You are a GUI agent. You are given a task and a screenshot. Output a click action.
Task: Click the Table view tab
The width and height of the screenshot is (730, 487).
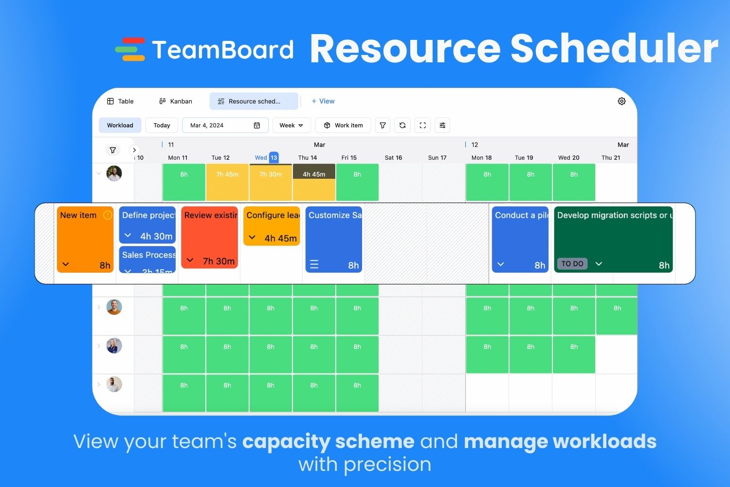pos(120,101)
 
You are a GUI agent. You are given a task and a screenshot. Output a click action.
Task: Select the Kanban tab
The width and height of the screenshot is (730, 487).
pos(176,101)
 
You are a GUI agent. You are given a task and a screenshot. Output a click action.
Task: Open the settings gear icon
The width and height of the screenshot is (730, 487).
pos(621,101)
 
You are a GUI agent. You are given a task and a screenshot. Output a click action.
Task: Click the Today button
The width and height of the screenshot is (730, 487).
pos(162,125)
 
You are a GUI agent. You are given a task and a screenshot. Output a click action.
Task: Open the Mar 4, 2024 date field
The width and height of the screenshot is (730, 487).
pos(225,125)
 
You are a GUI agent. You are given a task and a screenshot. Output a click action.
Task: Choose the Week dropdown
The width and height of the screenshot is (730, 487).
pos(291,125)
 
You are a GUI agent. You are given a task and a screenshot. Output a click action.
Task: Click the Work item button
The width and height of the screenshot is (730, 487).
pos(343,125)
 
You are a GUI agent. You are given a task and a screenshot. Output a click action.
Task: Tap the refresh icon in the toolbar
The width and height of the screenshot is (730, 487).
pos(402,125)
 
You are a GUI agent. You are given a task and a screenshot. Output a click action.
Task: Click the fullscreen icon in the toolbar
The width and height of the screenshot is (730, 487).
pos(422,125)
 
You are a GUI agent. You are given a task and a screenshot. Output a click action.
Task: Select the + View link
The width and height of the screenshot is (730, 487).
pos(323,101)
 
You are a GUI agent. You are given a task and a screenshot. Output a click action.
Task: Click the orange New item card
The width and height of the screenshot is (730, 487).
pos(85,239)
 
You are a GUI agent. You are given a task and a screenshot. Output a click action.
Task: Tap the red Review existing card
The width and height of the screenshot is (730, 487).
pos(209,237)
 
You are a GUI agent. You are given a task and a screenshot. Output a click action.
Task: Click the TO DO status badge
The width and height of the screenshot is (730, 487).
pos(572,263)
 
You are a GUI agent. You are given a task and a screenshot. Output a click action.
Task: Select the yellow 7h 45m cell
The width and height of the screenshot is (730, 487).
pos(227,182)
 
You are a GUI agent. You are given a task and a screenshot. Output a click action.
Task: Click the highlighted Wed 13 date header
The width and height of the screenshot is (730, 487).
pos(267,157)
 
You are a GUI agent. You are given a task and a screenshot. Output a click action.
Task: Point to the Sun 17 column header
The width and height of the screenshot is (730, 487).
pos(437,157)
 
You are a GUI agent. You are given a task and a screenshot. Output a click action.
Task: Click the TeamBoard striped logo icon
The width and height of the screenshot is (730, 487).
pos(130,49)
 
